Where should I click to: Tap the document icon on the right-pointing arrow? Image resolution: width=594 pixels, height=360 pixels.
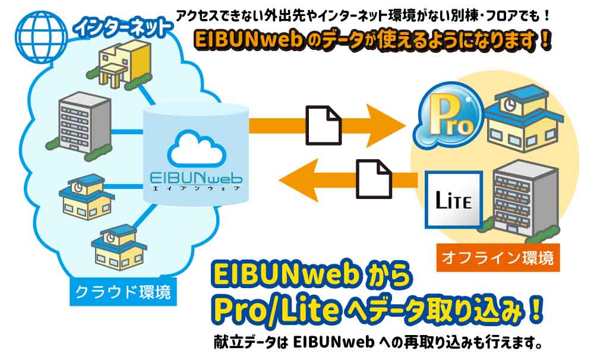pyautogui.click(x=324, y=124)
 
